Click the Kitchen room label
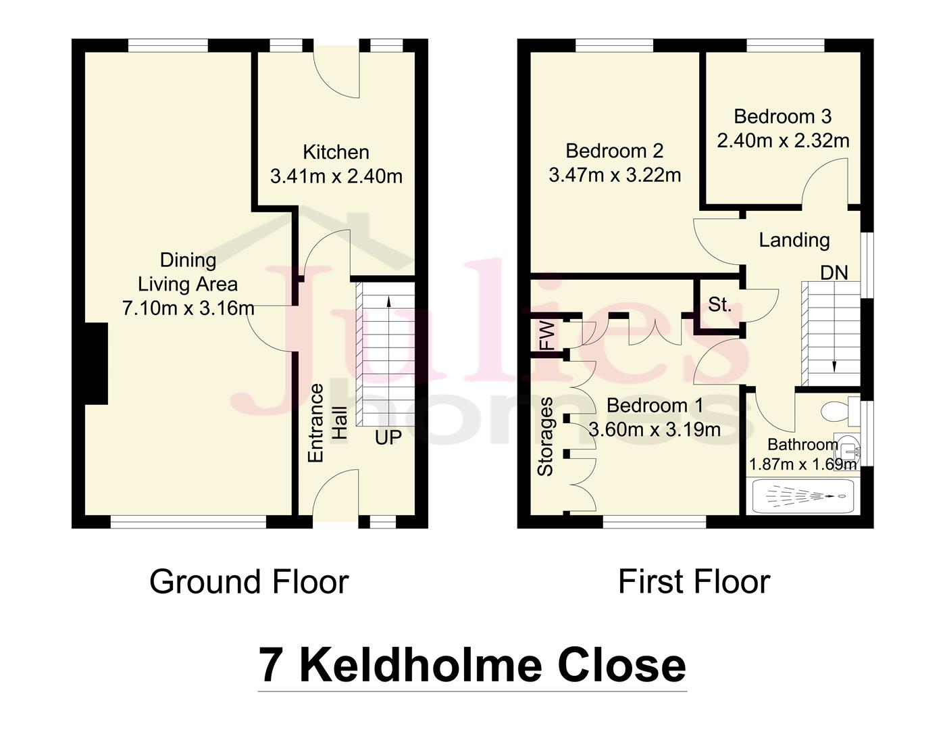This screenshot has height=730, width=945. tap(336, 152)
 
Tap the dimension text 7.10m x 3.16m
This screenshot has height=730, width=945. tap(188, 308)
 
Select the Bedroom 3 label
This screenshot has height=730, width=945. tap(782, 116)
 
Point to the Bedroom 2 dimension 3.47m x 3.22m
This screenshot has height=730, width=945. tap(615, 175)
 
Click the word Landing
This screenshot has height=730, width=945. tap(794, 240)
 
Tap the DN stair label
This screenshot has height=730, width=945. tap(834, 272)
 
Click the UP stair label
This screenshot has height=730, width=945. tap(388, 437)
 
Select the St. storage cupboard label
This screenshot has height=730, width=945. tap(719, 305)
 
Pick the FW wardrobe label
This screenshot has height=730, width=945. tap(546, 336)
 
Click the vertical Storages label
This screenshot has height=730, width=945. tap(545, 437)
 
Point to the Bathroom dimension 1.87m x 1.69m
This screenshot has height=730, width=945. tap(802, 464)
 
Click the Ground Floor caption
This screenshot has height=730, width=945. tap(249, 582)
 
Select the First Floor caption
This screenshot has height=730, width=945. tap(694, 582)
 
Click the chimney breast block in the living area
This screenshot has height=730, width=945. tap(96, 364)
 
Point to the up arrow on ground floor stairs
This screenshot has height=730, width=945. tap(388, 302)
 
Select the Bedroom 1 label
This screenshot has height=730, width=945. tap(655, 406)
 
